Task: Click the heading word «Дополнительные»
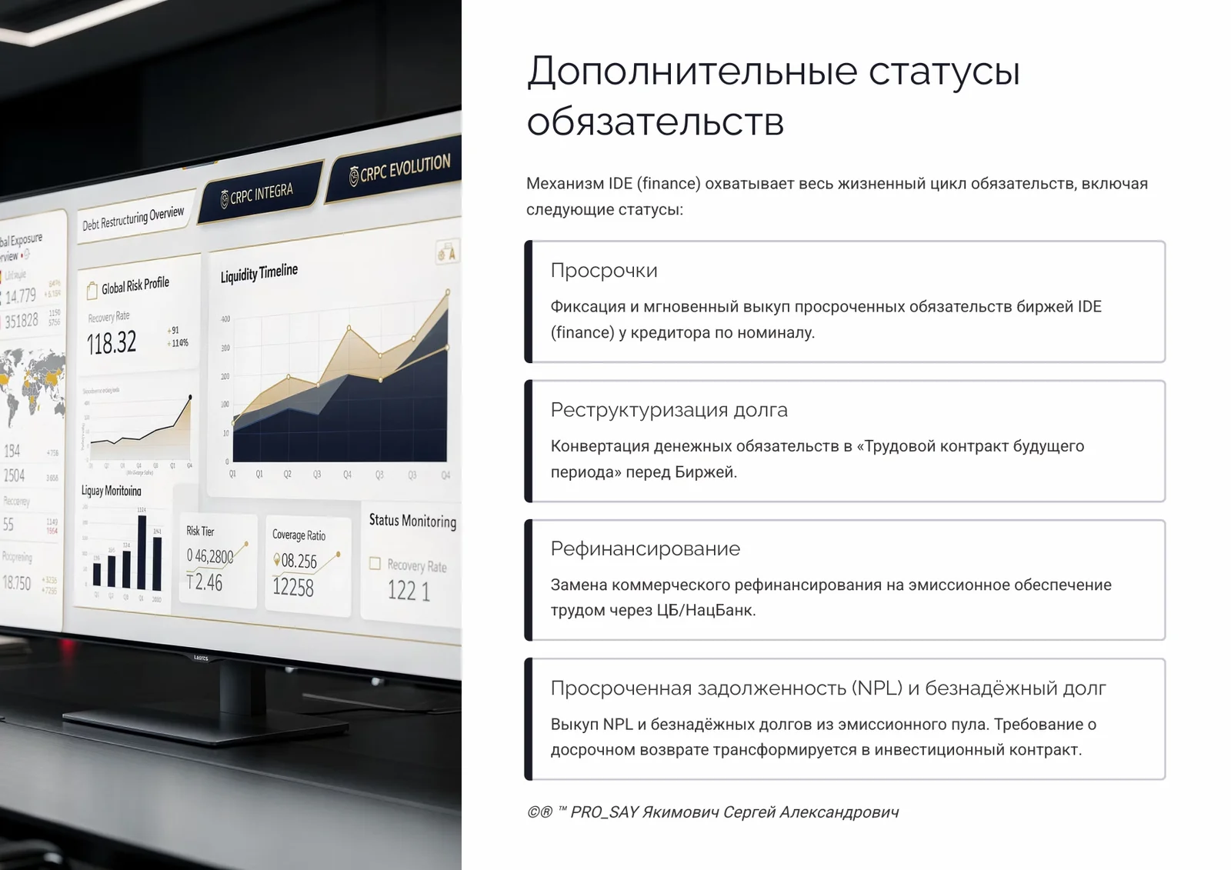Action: pyautogui.click(x=692, y=72)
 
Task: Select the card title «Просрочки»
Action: pyautogui.click(x=604, y=271)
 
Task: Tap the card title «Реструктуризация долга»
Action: pyautogui.click(x=669, y=410)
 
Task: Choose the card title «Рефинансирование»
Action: pyautogui.click(x=645, y=548)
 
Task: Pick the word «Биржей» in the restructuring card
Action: pyautogui.click(x=704, y=472)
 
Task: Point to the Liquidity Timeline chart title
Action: pyautogui.click(x=259, y=273)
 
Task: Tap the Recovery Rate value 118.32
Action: pyautogui.click(x=112, y=343)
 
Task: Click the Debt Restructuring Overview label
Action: pyautogui.click(x=133, y=218)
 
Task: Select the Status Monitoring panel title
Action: pyautogui.click(x=412, y=521)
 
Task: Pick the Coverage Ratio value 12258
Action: pyautogui.click(x=293, y=588)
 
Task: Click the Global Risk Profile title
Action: pyautogui.click(x=135, y=285)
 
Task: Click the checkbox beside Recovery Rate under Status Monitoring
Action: pyautogui.click(x=375, y=563)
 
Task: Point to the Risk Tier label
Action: pyautogui.click(x=200, y=531)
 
